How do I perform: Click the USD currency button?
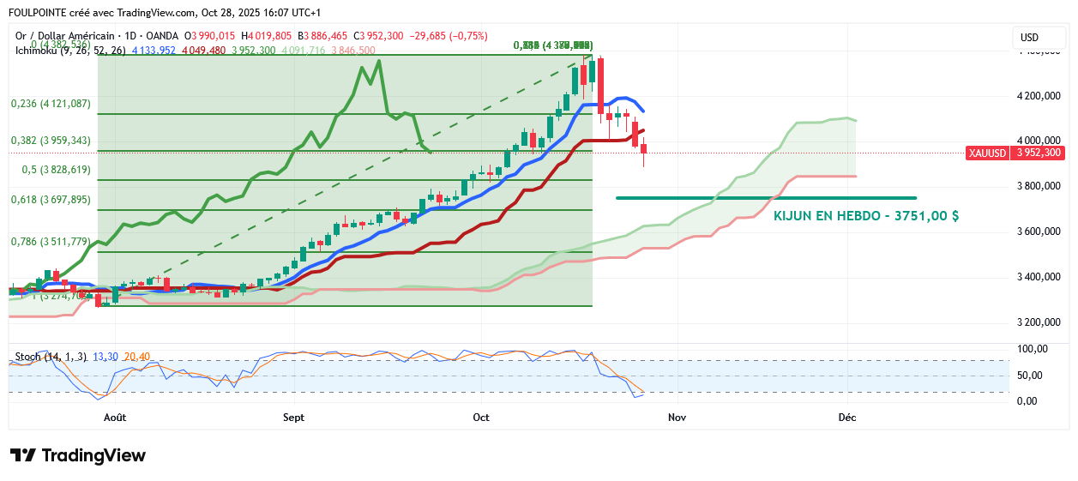click(1029, 38)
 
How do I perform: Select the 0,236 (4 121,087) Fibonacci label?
click(51, 104)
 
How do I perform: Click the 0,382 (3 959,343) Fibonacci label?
click(51, 141)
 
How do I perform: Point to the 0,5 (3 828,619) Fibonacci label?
click(56, 170)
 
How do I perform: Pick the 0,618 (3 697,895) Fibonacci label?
click(51, 200)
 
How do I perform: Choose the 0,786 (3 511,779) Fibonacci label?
click(51, 242)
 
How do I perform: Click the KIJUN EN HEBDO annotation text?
click(866, 216)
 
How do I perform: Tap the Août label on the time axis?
click(114, 418)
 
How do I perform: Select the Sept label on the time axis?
click(293, 418)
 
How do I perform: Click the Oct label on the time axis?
click(480, 418)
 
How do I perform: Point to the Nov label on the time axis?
click(677, 418)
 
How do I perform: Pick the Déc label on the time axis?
click(847, 418)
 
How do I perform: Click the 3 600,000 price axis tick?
click(1039, 231)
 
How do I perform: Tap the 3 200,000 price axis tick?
click(1039, 322)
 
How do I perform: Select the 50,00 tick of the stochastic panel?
click(1030, 376)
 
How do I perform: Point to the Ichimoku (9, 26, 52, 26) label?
click(70, 51)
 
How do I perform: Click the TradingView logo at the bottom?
click(78, 455)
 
